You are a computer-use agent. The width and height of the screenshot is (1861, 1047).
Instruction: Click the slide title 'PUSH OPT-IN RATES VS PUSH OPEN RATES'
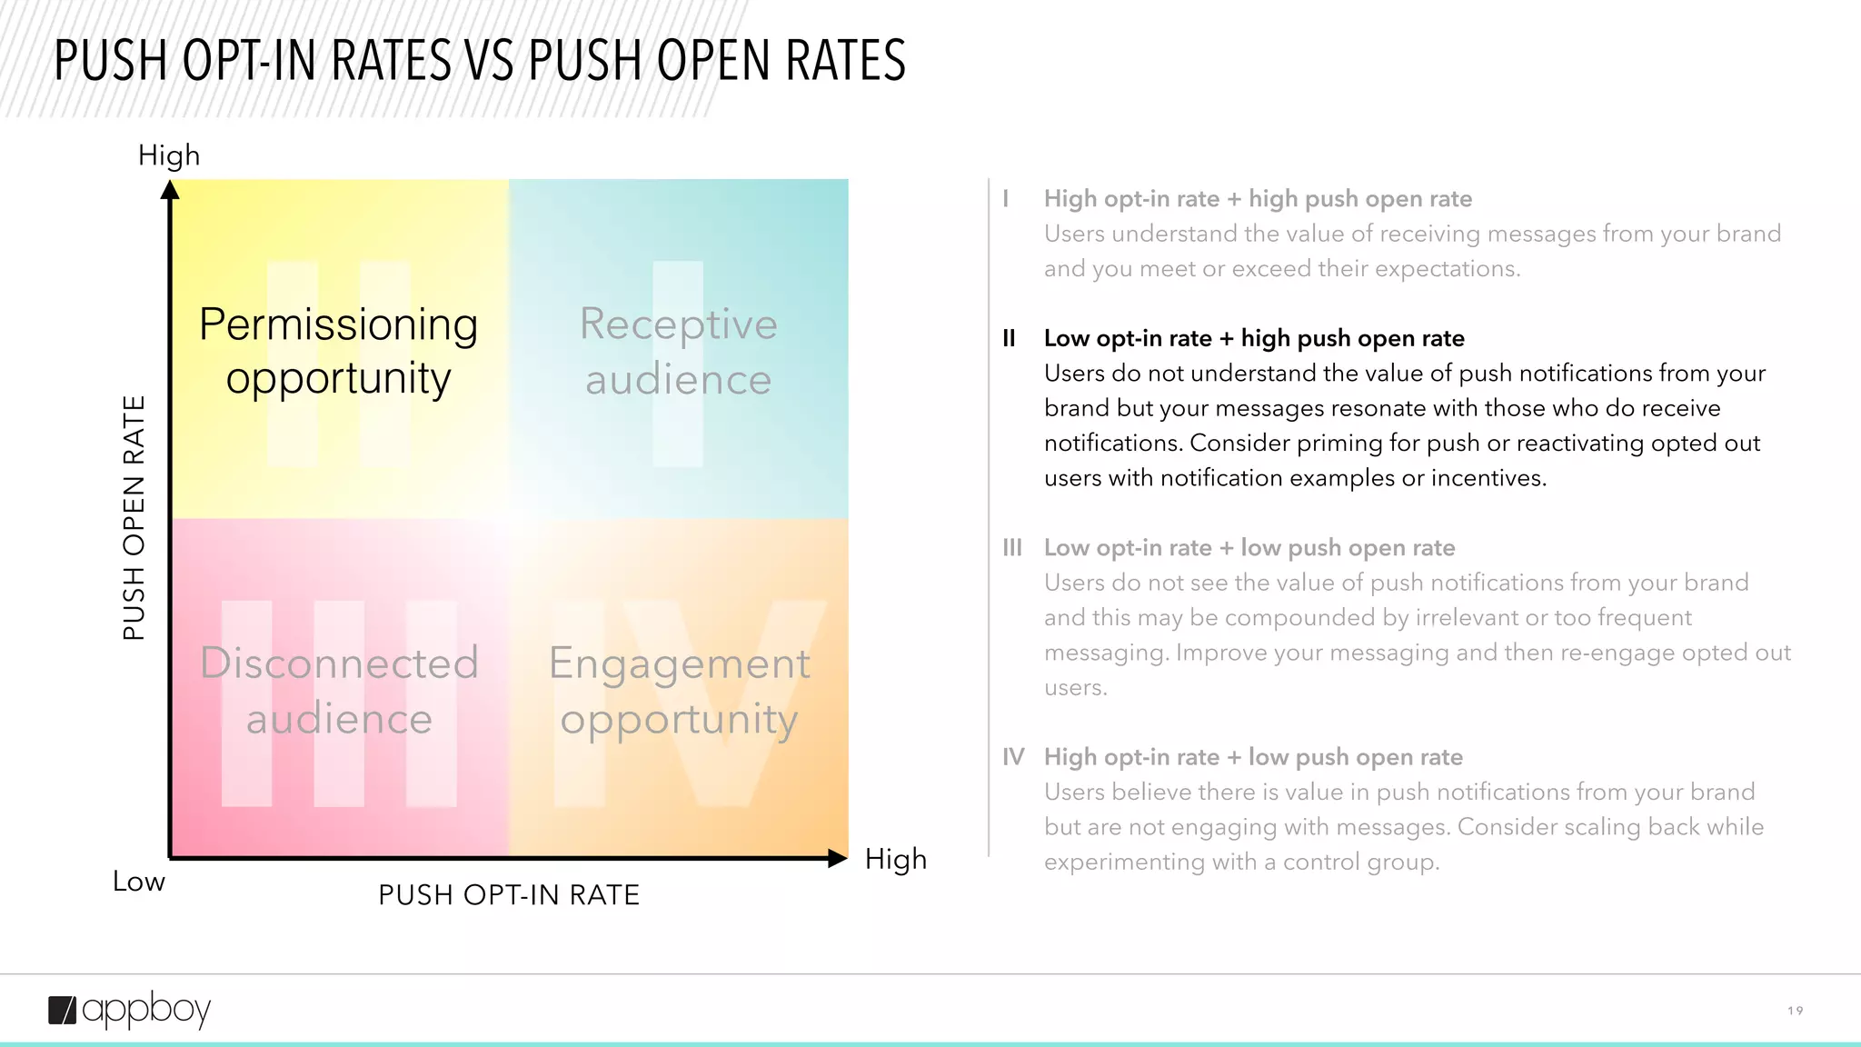click(x=480, y=61)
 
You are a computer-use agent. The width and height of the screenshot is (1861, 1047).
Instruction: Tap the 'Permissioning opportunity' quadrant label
click(x=338, y=351)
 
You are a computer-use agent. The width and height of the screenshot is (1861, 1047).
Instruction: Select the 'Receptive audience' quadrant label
click(x=678, y=351)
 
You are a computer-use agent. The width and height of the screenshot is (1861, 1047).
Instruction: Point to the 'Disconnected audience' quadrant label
click(x=339, y=690)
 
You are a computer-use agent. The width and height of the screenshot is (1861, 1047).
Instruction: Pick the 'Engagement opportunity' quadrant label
click(x=679, y=690)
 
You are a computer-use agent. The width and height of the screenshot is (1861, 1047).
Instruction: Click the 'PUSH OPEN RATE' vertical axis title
click(x=134, y=518)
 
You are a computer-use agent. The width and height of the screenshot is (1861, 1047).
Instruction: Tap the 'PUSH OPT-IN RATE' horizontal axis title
click(x=509, y=895)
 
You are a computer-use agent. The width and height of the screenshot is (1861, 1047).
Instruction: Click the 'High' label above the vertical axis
click(x=169, y=155)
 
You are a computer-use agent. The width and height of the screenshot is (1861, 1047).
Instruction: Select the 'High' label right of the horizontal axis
click(x=896, y=859)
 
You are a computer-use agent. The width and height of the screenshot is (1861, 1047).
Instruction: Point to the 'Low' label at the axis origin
click(x=139, y=881)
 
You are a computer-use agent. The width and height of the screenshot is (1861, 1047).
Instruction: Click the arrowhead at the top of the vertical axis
click(x=170, y=190)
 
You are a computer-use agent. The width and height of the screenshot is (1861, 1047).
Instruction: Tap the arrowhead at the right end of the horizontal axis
click(x=837, y=858)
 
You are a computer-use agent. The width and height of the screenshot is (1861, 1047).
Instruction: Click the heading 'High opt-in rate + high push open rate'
click(x=1258, y=199)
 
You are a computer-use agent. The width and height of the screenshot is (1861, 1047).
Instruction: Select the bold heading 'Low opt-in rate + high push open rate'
click(x=1254, y=338)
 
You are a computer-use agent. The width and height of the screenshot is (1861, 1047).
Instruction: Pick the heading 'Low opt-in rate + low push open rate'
click(x=1249, y=548)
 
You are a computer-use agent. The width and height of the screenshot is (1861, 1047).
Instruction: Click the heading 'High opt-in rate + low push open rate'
click(x=1253, y=757)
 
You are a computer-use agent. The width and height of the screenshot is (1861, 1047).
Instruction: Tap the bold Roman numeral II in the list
click(x=1009, y=338)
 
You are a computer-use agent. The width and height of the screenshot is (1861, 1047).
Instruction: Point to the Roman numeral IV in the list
click(x=1013, y=757)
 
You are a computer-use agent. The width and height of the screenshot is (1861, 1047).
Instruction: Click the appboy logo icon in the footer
click(x=63, y=1011)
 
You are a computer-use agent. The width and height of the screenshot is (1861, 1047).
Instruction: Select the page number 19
click(x=1795, y=1011)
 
